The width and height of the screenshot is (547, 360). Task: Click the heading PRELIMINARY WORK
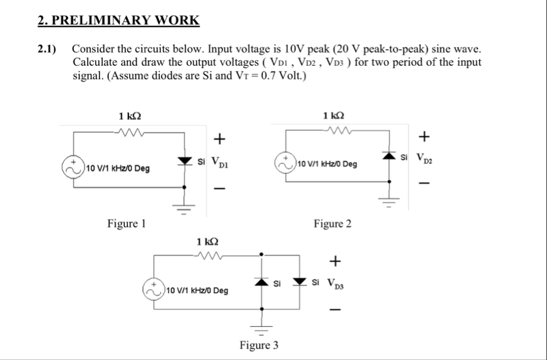[118, 21]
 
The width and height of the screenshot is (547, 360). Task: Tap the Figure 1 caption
[128, 224]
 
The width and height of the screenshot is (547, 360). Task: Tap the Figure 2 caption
[332, 224]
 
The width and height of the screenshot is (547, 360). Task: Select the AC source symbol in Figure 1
[73, 168]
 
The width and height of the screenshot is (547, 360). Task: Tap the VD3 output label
[338, 285]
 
